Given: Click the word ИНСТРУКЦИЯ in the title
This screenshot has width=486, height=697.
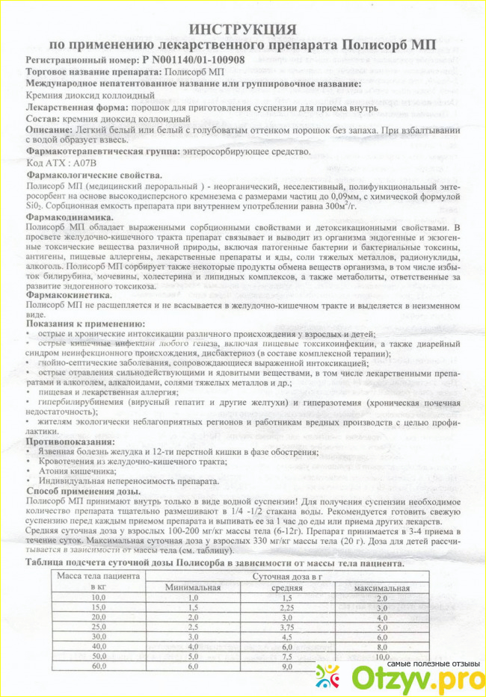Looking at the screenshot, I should pos(242,28).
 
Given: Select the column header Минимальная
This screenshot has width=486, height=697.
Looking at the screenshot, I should pos(195,588).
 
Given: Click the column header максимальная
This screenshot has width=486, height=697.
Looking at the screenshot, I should pos(382,588).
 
